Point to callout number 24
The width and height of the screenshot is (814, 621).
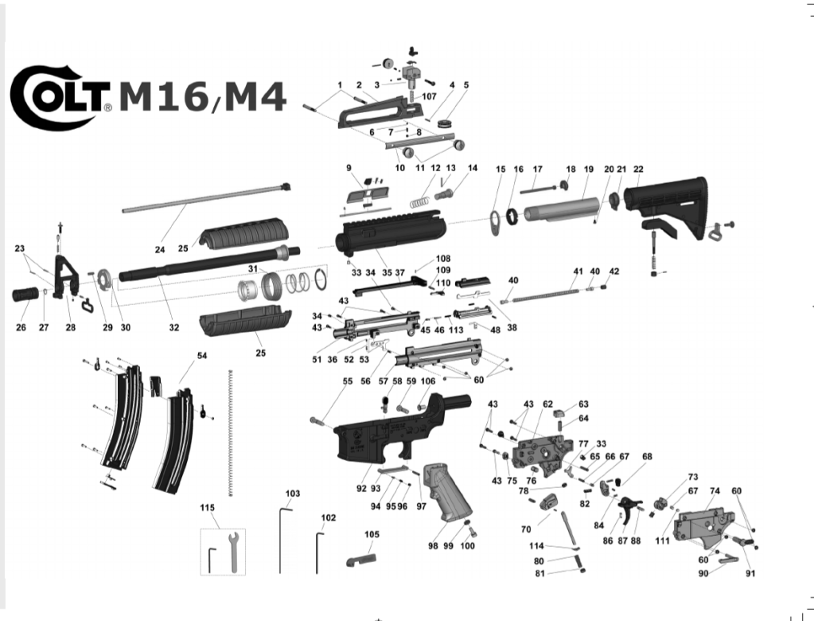160,250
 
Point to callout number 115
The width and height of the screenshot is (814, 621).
208,508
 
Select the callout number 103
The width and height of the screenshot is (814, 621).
293,494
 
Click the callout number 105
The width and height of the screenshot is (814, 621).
372,534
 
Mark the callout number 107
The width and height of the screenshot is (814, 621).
430,96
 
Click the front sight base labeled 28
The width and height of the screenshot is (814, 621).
65,275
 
